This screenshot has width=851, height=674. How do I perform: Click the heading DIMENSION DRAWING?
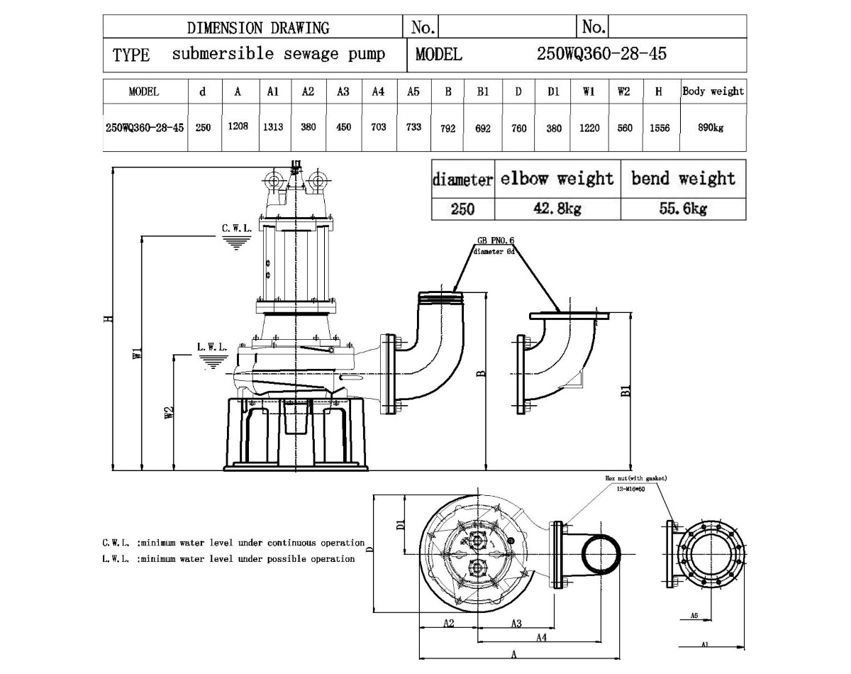(x=257, y=28)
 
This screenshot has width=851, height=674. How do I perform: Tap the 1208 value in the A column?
(x=238, y=127)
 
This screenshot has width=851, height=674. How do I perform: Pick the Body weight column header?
(x=713, y=92)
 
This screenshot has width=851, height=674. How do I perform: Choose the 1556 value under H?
(x=660, y=128)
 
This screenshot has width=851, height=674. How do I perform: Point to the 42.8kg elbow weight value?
(x=557, y=209)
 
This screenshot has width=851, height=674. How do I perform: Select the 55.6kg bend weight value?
(x=682, y=209)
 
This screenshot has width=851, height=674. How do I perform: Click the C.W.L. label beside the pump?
(x=236, y=228)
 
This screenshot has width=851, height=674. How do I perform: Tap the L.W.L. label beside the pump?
(x=212, y=348)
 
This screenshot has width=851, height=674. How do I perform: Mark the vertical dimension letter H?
(x=107, y=319)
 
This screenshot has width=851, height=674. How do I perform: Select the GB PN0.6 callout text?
(x=496, y=241)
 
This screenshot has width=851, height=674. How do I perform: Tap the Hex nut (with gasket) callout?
(x=635, y=478)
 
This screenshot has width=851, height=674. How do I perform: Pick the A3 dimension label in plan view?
(x=516, y=623)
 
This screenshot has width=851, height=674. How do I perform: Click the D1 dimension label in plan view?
(x=399, y=526)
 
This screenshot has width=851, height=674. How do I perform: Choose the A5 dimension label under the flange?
(x=695, y=616)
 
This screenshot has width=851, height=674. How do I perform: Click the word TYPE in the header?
(x=131, y=55)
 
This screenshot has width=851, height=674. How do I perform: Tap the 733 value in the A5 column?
(x=413, y=127)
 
